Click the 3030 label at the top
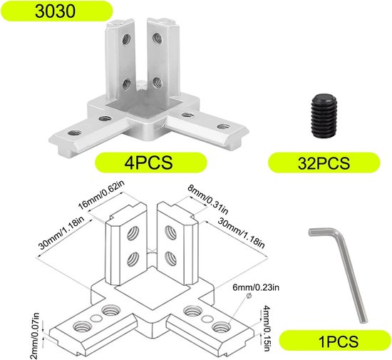[x=55, y=11]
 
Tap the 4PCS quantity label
[x=148, y=163]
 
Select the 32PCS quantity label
[x=324, y=163]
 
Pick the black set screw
[x=324, y=114]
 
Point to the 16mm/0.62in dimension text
[x=101, y=195]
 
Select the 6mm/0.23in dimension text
[x=256, y=287]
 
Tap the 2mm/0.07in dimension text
[x=36, y=336]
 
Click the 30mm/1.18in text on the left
[x=61, y=232]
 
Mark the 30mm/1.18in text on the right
[x=241, y=232]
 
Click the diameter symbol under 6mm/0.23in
[x=249, y=296]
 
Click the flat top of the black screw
[x=324, y=98]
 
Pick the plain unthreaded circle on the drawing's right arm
[x=207, y=319]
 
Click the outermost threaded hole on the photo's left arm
[x=74, y=133]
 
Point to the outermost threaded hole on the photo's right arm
[x=223, y=126]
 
